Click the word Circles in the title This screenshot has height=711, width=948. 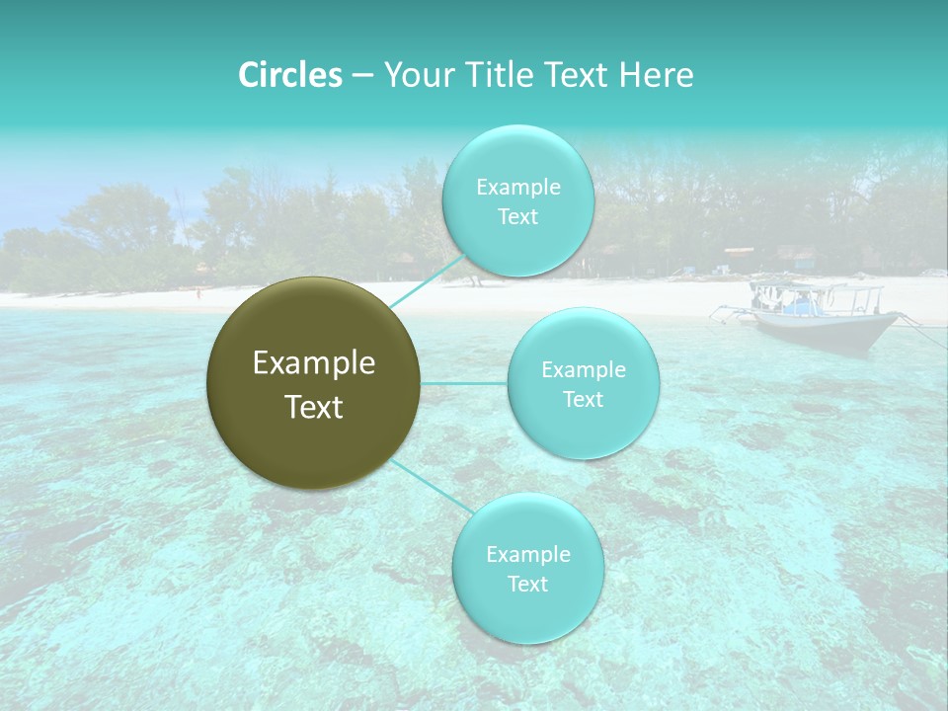pyautogui.click(x=289, y=75)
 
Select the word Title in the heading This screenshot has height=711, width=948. pyautogui.click(x=503, y=75)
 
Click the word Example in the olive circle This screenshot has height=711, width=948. pyautogui.click(x=314, y=363)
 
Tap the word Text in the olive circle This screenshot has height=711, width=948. pyautogui.click(x=314, y=407)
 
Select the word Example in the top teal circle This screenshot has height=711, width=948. pyautogui.click(x=518, y=188)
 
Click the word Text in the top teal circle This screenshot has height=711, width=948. pyautogui.click(x=518, y=217)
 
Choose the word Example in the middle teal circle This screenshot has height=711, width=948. pyautogui.click(x=584, y=370)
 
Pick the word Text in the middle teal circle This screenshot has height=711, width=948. pyautogui.click(x=584, y=400)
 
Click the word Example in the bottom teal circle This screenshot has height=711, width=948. pyautogui.click(x=528, y=555)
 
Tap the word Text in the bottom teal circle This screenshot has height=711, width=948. pyautogui.click(x=528, y=585)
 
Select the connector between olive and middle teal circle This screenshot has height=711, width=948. pyautogui.click(x=463, y=383)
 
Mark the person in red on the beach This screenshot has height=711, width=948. pyautogui.click(x=199, y=292)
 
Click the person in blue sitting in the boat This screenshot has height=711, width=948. pyautogui.click(x=802, y=302)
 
